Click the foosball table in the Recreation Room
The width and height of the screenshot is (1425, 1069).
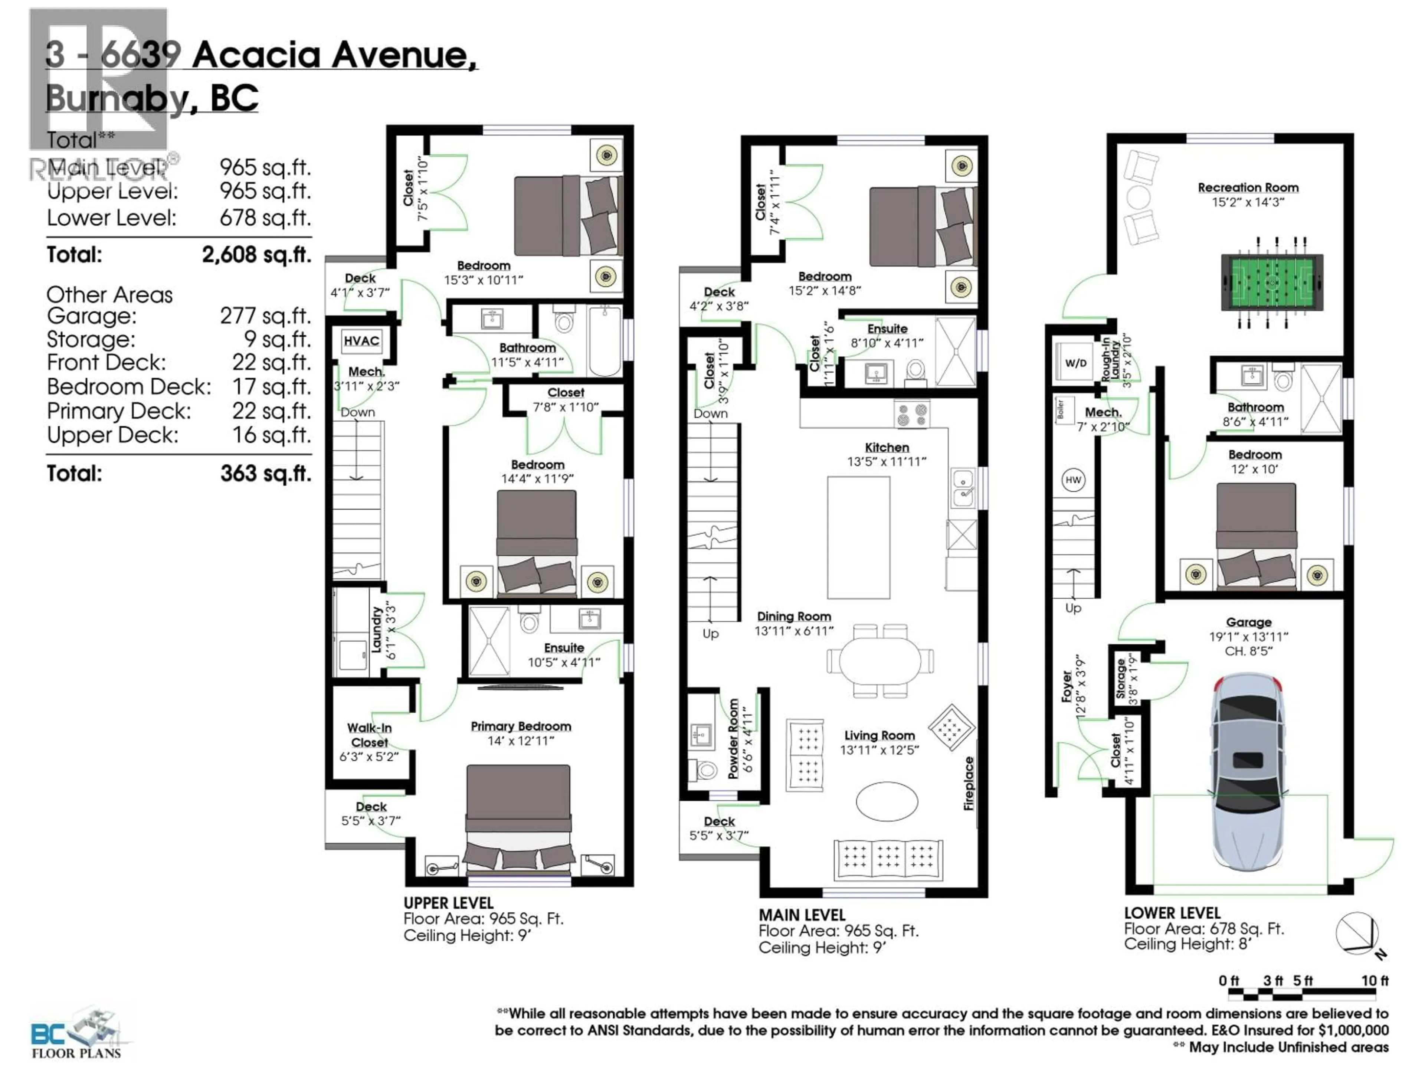coord(1272,282)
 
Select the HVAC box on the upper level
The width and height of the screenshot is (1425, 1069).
coord(361,341)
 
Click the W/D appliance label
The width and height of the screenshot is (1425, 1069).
coord(1075,363)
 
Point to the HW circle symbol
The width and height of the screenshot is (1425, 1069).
coord(1072,480)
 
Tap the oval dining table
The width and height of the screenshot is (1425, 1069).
coord(880,660)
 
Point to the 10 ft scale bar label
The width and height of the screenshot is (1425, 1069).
coord(1374,980)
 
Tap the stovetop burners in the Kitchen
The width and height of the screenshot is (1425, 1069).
coord(911,414)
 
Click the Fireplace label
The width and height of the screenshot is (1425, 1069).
coord(968,783)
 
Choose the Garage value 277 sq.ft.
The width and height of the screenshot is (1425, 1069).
coord(265,316)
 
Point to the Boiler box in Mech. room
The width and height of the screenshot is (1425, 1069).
coord(1060,409)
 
